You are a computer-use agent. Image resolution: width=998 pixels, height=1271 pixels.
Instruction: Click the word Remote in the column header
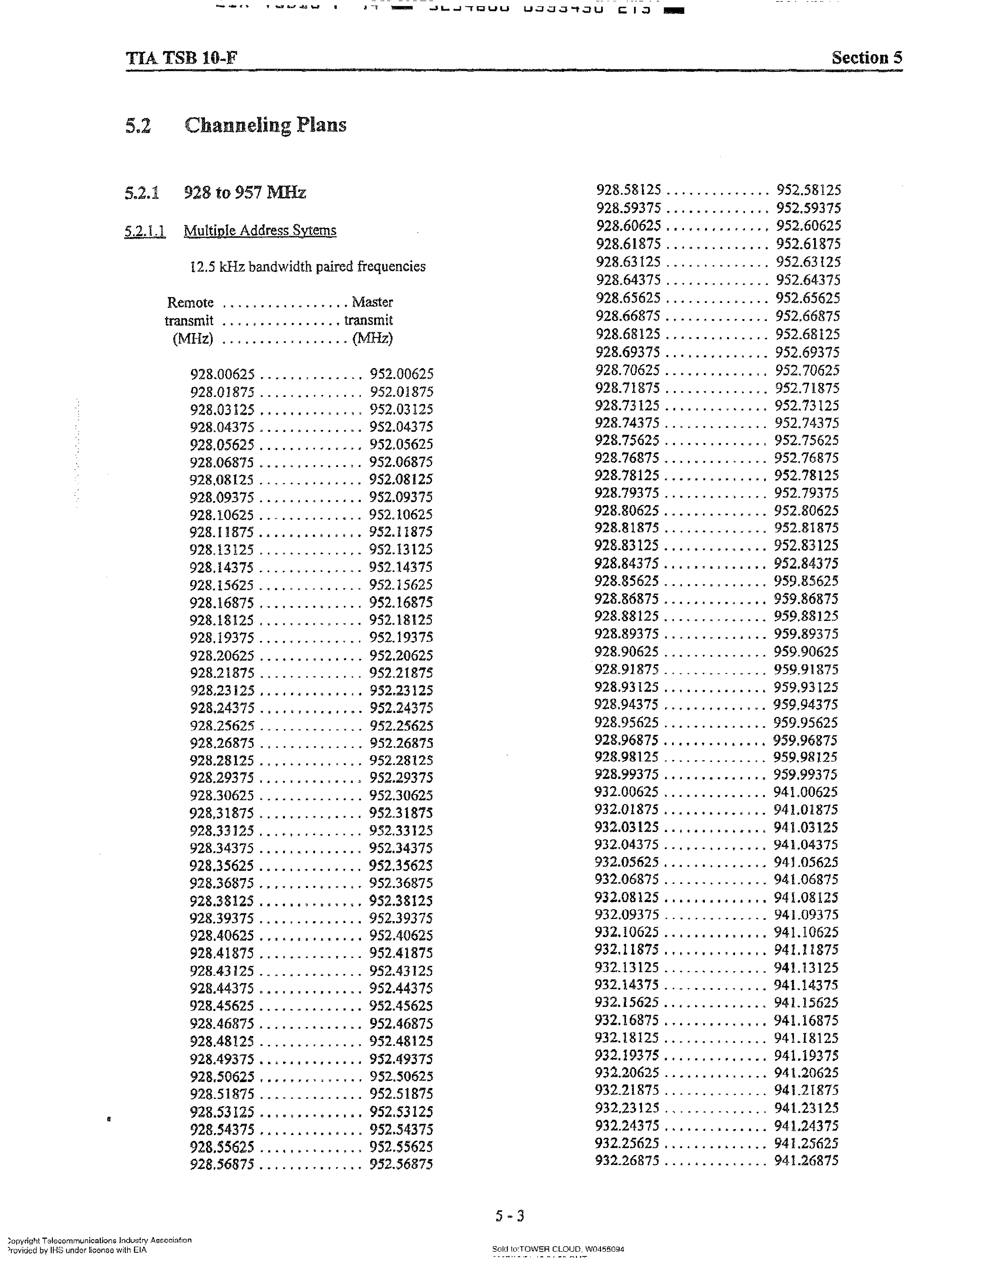click(190, 302)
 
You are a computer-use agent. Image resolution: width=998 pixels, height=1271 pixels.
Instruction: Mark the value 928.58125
click(629, 190)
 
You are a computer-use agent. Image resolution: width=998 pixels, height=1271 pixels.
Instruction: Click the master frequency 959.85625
click(806, 581)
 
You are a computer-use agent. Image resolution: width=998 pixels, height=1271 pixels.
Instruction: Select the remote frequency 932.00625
click(627, 792)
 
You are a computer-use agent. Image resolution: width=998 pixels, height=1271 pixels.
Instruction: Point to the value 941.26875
click(806, 1161)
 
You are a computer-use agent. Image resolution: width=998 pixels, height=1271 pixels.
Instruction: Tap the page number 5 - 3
click(510, 1216)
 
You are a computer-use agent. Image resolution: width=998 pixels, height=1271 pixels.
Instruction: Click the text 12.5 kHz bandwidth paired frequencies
click(308, 266)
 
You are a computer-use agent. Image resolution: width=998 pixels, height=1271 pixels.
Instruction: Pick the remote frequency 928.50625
click(223, 1076)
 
